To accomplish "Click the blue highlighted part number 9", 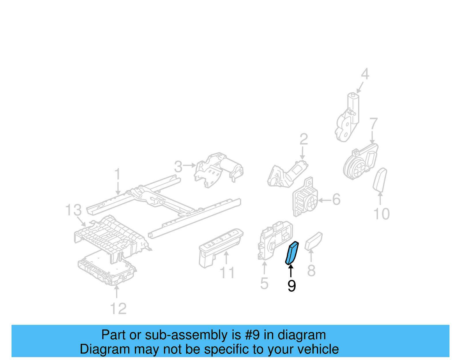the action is (292, 253).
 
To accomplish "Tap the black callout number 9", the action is (292, 286).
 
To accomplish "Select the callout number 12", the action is (118, 309).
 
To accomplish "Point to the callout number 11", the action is (227, 273).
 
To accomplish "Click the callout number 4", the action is (365, 74).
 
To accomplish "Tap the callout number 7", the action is (373, 124).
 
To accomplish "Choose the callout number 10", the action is (381, 214).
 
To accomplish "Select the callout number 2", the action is (304, 139).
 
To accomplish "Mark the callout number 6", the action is (336, 199).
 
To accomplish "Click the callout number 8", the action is (311, 271).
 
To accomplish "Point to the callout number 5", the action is (264, 283).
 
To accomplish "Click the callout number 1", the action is (117, 175).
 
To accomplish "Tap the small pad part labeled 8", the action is (313, 241).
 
